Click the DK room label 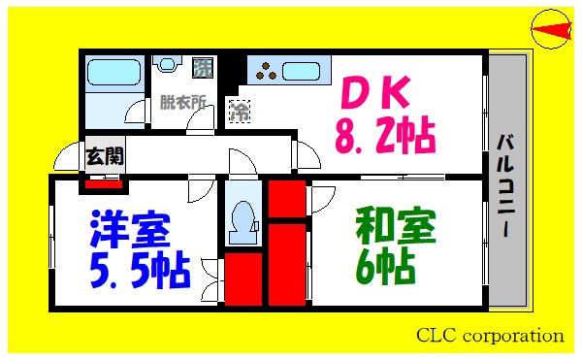[379, 95]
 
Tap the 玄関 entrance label [104, 154]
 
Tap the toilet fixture [240, 219]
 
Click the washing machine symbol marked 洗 [203, 68]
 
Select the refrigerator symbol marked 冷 [239, 111]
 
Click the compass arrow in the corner [550, 32]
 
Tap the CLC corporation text [490, 336]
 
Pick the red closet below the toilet [242, 279]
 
